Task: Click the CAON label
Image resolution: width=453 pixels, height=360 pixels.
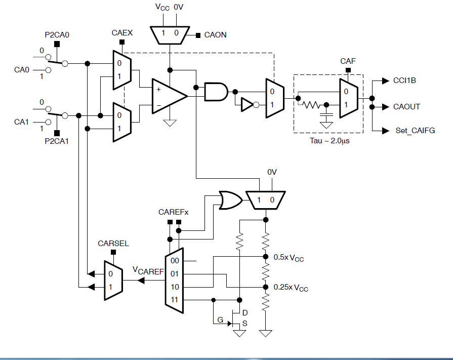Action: point(215,35)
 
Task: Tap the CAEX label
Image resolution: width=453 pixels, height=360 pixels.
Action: point(122,33)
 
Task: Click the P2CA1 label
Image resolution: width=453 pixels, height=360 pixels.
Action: point(56,141)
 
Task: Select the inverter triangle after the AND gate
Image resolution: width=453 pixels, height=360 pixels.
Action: point(246,105)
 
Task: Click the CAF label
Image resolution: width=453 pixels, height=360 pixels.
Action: point(348,61)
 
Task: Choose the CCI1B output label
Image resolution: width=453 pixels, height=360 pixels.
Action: point(405,81)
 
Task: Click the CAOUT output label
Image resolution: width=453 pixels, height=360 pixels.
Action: point(406,107)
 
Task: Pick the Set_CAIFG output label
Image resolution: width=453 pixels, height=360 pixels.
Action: point(415,131)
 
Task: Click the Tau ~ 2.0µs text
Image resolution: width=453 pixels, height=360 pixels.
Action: point(330,141)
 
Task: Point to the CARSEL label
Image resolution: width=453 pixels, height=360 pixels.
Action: point(113,243)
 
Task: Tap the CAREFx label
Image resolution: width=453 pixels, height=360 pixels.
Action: point(173,212)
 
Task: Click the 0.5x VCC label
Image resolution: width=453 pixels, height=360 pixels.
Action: point(289,258)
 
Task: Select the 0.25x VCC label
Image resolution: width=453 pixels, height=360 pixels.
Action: point(291,288)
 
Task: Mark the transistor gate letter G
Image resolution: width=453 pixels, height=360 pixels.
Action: point(220,319)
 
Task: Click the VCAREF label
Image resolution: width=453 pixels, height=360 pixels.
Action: point(148,271)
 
